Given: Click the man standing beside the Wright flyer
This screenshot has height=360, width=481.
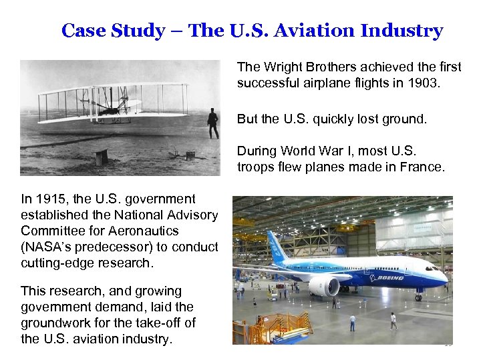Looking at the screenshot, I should pos(212,124).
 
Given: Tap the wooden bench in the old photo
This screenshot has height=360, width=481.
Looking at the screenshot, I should pos(101,157).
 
